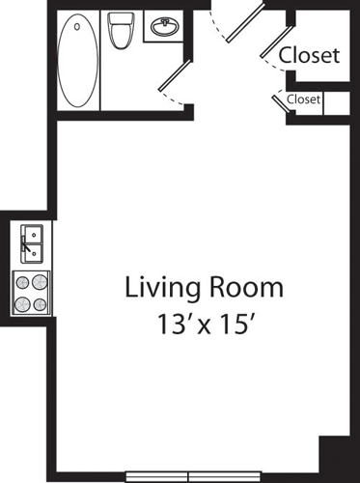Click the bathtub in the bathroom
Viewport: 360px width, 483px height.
point(78,60)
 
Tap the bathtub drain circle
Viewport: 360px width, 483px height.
point(77,26)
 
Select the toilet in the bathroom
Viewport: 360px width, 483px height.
point(121,31)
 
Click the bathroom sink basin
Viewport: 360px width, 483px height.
point(165,27)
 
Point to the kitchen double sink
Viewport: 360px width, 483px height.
point(32,243)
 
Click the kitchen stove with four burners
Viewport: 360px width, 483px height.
point(31,293)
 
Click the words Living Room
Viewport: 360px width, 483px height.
point(204,289)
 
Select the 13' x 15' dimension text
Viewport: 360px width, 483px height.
point(204,325)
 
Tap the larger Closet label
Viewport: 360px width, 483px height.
point(309,55)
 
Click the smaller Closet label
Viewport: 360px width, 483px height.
point(303,99)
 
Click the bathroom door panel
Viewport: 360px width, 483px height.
point(176,74)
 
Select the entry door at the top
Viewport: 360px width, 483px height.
point(246,23)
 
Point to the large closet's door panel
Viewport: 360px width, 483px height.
point(277,42)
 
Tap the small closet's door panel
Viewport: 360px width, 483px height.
point(281,103)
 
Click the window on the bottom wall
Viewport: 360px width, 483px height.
point(193,476)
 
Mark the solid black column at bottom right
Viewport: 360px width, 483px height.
point(335,455)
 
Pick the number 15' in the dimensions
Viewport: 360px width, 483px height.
point(236,325)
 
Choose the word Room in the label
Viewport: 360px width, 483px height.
point(247,287)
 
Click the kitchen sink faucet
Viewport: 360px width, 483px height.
point(26,244)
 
